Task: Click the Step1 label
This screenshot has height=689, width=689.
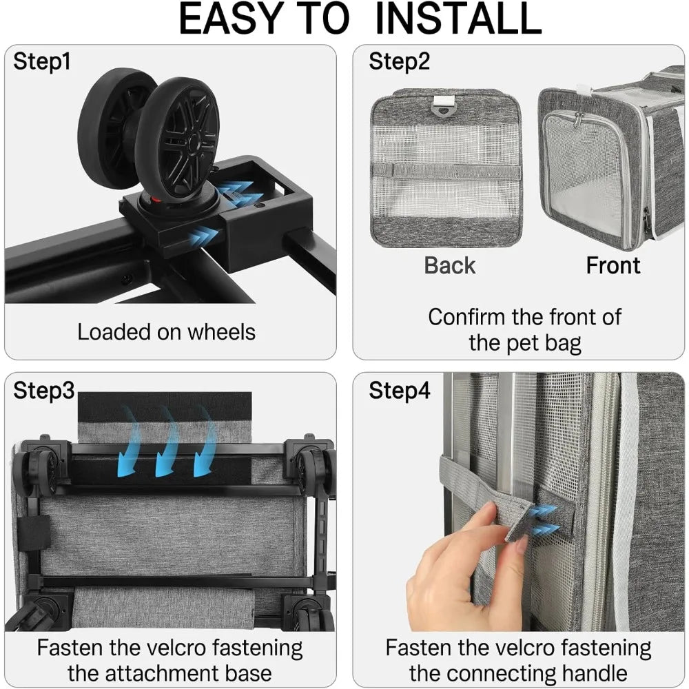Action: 42,61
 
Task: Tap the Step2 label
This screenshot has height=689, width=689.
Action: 399,61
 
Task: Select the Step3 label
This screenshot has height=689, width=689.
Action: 43,391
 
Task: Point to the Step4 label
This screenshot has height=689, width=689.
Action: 399,391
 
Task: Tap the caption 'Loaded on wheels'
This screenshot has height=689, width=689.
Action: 166,332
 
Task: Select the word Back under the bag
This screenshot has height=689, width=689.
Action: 449,266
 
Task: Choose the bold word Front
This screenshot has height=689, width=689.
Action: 613,266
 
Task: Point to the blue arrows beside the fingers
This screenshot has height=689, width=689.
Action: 544,521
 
